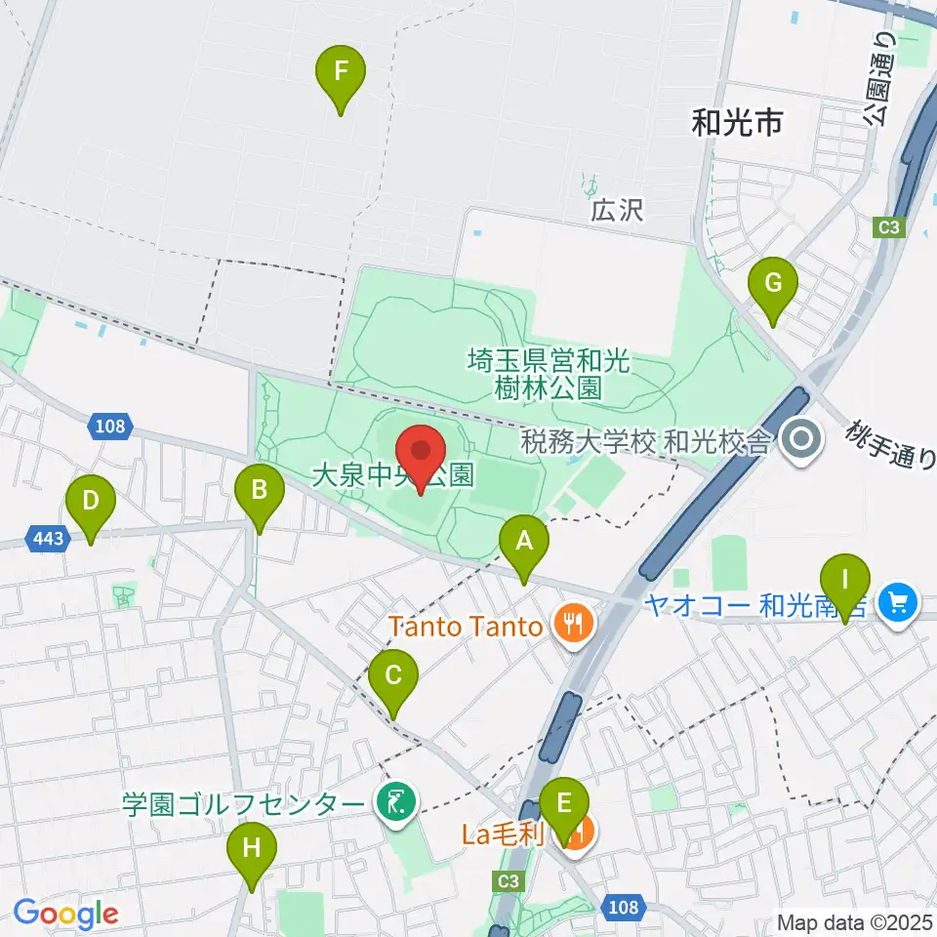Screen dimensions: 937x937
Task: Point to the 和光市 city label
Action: (737, 123)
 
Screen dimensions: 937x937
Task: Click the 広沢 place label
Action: (617, 209)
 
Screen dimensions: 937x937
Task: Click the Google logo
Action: (65, 914)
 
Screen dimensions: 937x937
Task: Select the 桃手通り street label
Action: (890, 444)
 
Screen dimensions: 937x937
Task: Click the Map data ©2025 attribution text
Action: (852, 921)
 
